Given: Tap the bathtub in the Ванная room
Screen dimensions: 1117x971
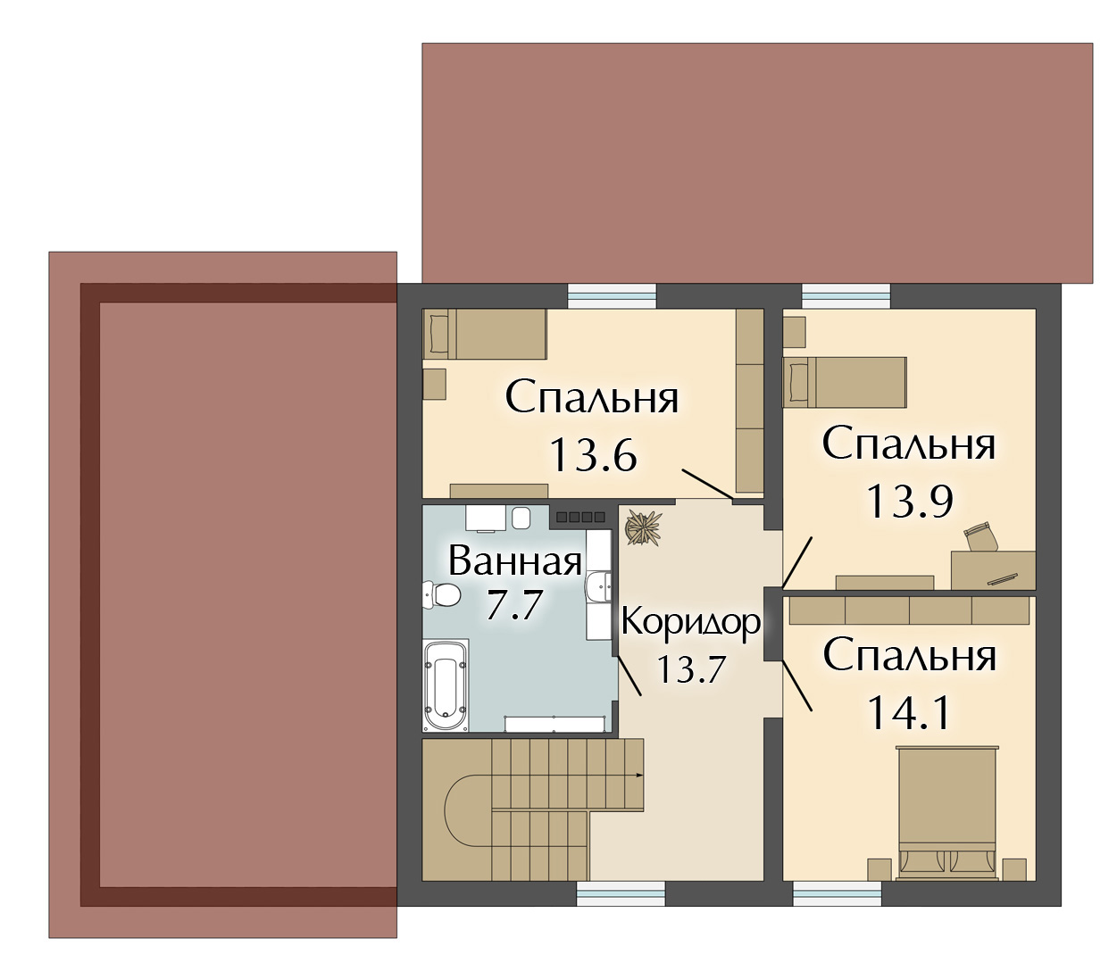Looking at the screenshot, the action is point(446,685).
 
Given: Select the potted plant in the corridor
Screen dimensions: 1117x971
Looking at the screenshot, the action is point(643,527).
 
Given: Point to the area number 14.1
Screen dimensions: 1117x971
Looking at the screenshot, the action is point(908,713).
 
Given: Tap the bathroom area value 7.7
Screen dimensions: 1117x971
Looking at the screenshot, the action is point(513,605).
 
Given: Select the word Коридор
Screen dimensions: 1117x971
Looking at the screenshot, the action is point(691,622).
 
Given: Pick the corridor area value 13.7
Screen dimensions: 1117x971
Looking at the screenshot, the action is point(691,668).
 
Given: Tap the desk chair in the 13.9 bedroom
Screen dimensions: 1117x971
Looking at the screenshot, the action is point(980,535).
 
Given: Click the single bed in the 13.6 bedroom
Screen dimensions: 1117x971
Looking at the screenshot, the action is point(485,334).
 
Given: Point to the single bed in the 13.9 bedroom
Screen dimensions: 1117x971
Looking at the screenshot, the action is point(845,382).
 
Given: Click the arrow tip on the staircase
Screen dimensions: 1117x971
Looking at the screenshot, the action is point(643,775).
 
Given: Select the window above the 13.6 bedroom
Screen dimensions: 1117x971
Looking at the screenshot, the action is point(612,297).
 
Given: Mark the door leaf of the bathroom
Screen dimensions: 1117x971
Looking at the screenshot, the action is point(629,676).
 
